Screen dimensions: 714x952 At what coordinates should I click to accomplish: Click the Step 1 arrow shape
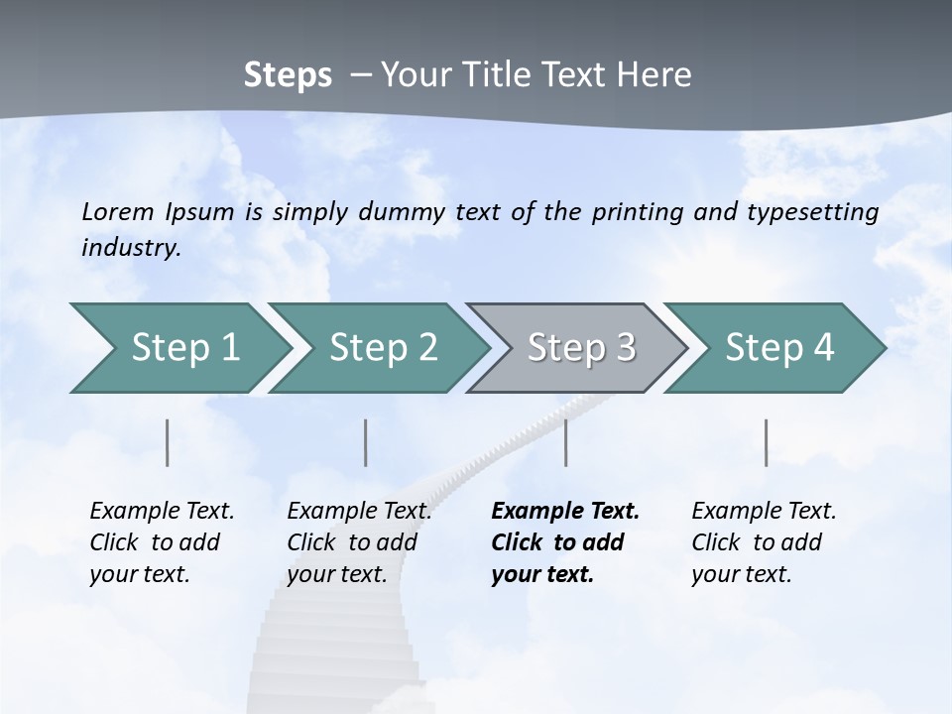(178, 348)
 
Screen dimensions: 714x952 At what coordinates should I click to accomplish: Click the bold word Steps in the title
(288, 74)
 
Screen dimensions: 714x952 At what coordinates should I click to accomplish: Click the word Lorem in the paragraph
(117, 211)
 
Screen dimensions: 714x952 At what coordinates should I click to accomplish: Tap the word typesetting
(816, 211)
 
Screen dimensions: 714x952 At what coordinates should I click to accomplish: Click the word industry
(131, 248)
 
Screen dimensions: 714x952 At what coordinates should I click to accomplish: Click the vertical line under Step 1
(168, 442)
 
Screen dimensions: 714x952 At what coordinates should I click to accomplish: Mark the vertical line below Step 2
(366, 442)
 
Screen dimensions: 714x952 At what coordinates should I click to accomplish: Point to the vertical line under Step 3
(566, 442)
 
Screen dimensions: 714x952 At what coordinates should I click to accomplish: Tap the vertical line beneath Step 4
(767, 442)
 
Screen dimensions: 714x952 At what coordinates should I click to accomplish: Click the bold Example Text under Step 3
(565, 512)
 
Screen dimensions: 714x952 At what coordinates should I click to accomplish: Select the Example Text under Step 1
(162, 512)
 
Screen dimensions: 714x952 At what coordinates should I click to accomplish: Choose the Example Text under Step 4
(764, 512)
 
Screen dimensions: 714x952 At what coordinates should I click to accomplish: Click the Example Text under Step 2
(359, 512)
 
